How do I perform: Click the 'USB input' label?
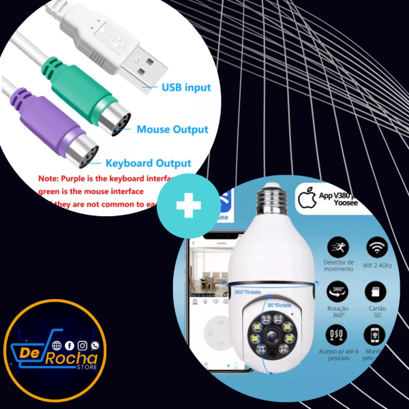point(186,87)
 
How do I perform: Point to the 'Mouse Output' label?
point(172,129)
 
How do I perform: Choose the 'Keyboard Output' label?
point(149,164)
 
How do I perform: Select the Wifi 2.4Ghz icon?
point(376,247)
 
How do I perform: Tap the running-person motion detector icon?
point(338,247)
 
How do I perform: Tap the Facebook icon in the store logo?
point(69,346)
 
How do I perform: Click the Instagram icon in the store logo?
point(82,346)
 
